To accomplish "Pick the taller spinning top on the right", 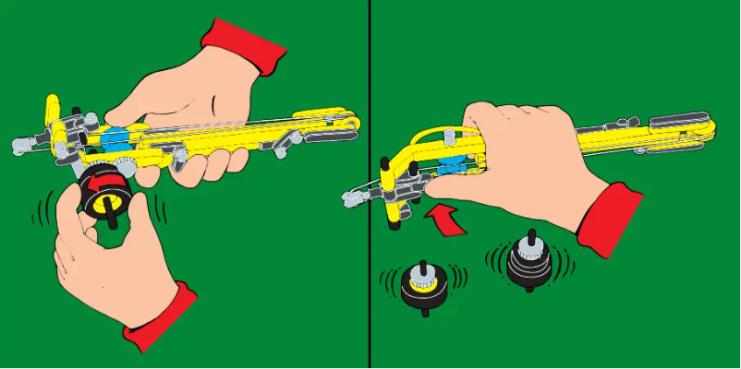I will point(529,261).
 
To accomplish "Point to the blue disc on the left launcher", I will point(116,141).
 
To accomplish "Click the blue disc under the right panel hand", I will point(450,167).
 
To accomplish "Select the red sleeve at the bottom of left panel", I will point(162,318).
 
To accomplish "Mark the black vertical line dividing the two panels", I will point(370,184).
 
